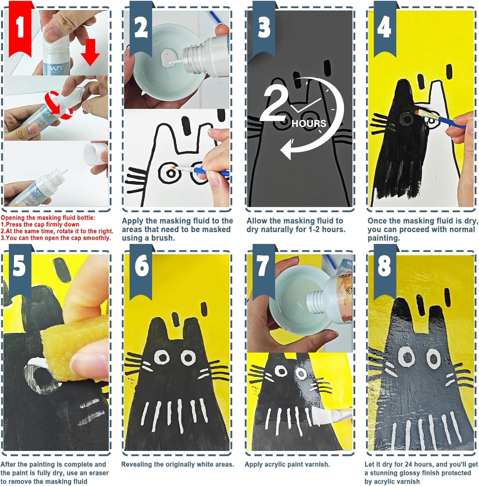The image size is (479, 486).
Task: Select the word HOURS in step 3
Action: (x=309, y=123)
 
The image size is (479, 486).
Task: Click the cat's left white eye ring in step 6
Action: (x=161, y=357)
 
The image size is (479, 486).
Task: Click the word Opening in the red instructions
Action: (x=12, y=218)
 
